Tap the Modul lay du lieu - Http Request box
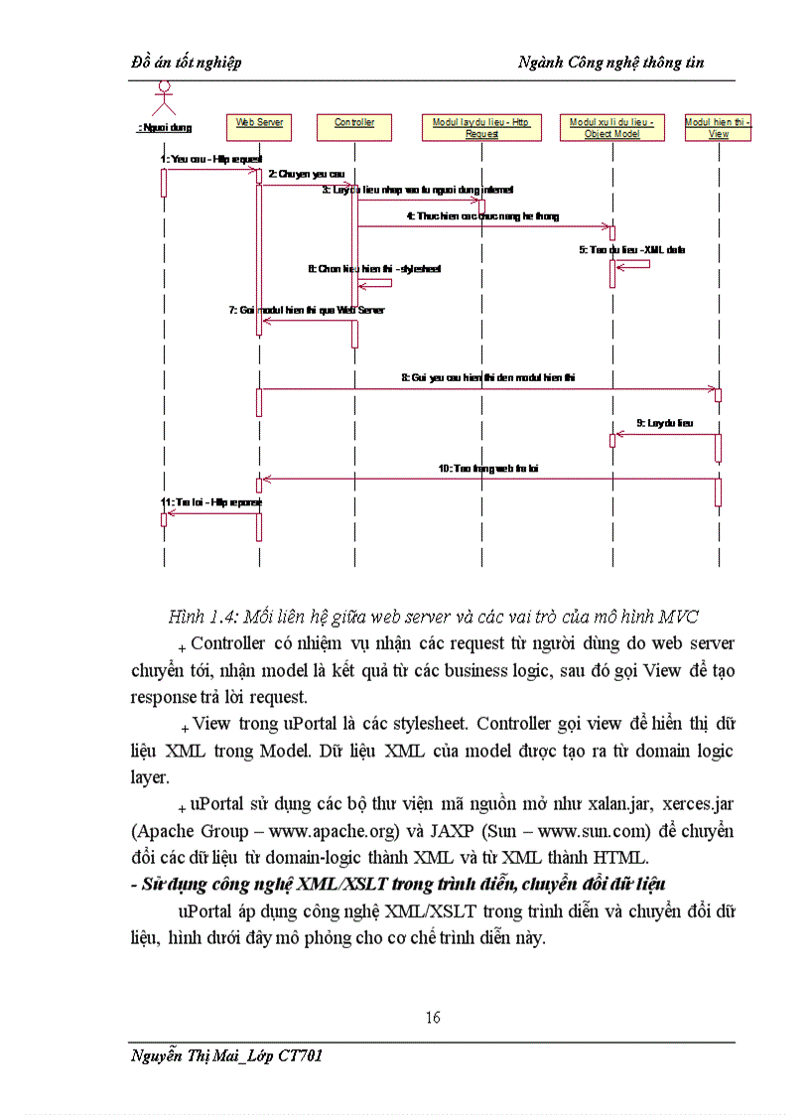pos(481,128)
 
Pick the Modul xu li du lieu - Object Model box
pos(611,128)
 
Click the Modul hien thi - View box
pos(719,128)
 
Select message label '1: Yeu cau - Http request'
pos(210,159)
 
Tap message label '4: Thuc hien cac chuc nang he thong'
pos(482,215)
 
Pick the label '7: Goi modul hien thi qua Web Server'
pos(307,310)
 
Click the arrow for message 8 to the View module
pos(486,389)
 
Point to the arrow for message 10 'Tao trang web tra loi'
pos(486,479)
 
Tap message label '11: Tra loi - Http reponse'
pos(211,502)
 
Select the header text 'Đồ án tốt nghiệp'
pos(187,63)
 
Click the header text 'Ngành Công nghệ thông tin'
pos(610,63)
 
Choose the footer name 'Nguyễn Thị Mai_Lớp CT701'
pos(227,1055)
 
